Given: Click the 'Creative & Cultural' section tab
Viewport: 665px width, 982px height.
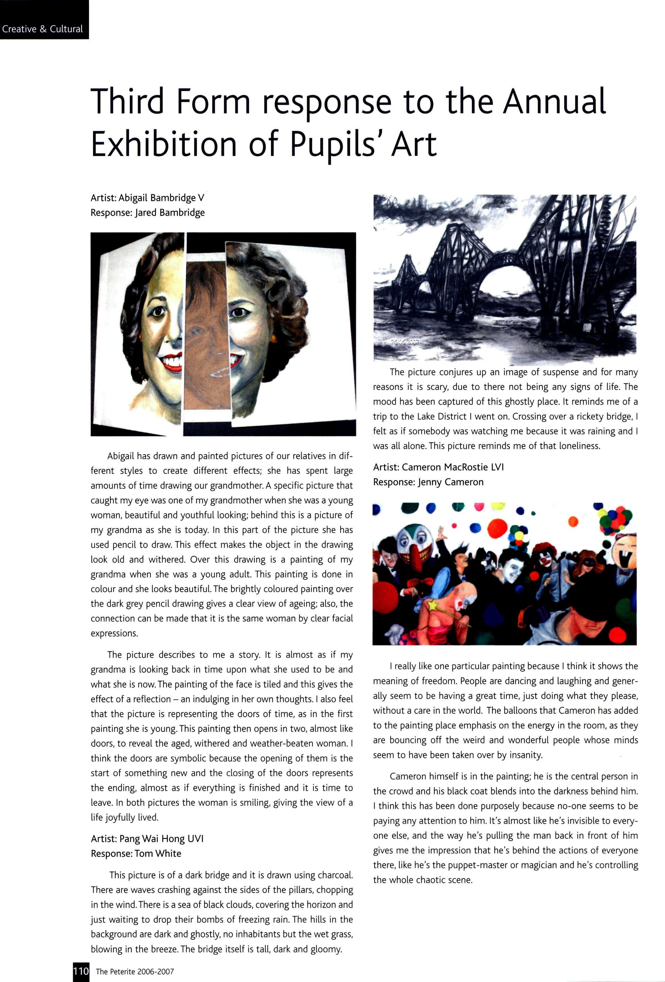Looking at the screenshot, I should (x=42, y=29).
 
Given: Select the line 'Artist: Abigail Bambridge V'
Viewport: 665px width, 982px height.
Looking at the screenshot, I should (x=147, y=198).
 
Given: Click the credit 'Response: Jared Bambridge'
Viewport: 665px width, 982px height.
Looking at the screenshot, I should (x=147, y=213).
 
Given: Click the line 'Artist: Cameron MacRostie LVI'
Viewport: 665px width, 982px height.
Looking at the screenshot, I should (x=438, y=467).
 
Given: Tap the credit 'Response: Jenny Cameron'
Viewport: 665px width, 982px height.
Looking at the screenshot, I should (x=428, y=482).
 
